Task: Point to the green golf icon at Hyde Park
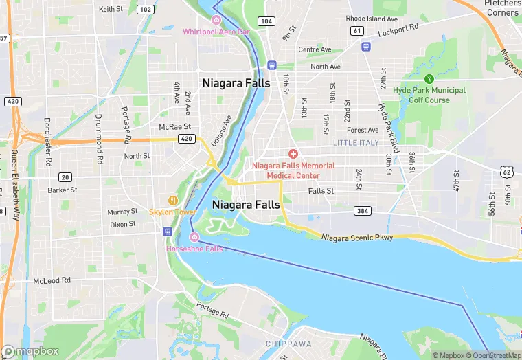429,79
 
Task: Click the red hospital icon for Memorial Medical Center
293,153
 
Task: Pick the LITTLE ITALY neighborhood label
356,142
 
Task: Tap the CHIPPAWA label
288,343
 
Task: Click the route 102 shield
145,9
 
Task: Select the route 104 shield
266,22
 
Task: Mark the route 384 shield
363,210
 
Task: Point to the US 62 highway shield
506,171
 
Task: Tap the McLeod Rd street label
52,281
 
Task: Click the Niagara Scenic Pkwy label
358,237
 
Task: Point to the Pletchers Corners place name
501,8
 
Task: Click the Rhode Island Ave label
372,19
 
